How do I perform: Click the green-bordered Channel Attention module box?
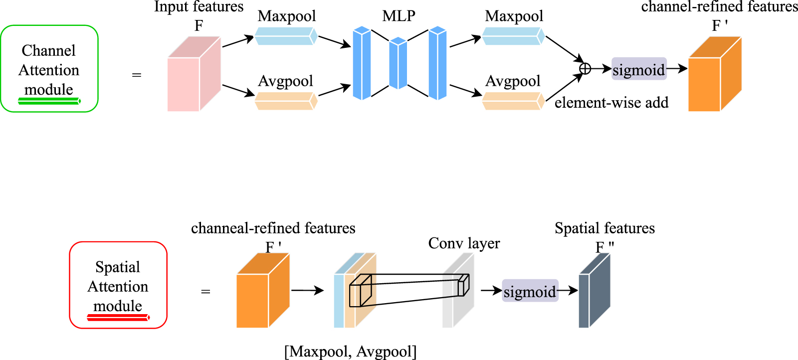pos(49,68)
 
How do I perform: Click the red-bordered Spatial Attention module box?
pos(118,285)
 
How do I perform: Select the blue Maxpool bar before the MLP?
pos(286,36)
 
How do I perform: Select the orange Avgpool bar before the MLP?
pos(286,101)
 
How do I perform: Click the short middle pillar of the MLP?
pos(398,64)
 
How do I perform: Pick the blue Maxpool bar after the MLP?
pos(513,36)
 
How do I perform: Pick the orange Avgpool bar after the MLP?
pos(513,101)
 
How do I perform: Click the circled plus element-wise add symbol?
pos(585,69)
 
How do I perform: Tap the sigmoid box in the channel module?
pos(639,69)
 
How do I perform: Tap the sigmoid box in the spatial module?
pos(530,291)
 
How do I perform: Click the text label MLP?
pos(399,16)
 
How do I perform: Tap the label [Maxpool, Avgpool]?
pos(350,352)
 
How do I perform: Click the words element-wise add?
pos(611,103)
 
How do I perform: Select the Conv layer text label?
pos(464,243)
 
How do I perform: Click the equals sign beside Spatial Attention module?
pos(205,291)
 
